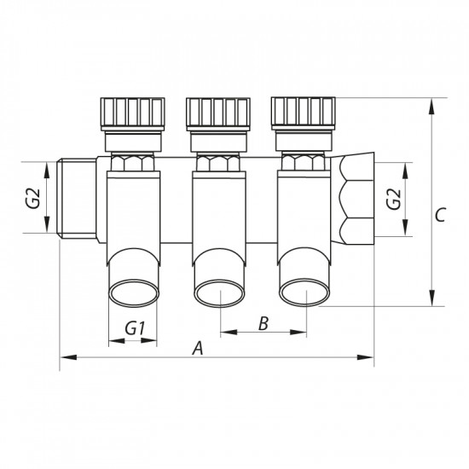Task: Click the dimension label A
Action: coord(198,347)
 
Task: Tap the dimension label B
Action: coord(263,324)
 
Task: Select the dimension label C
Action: coord(439,216)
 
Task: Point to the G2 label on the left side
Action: coord(32,199)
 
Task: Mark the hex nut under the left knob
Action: coord(132,161)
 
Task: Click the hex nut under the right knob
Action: coord(302,161)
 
